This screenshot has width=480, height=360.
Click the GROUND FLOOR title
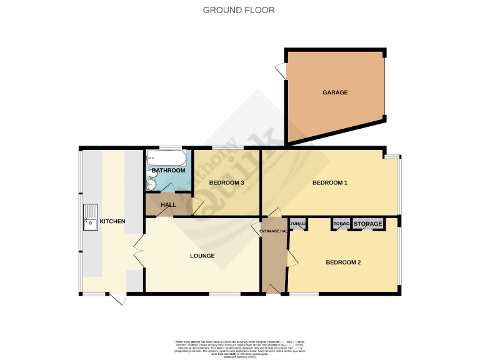(239, 10)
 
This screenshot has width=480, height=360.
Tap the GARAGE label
(335, 92)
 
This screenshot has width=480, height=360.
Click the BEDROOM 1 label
(329, 182)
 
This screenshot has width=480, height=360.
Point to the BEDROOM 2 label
(343, 262)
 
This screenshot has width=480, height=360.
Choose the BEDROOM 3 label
(226, 182)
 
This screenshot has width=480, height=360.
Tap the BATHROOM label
(168, 171)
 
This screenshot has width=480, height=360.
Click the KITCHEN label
(112, 221)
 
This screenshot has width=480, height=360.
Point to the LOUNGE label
(202, 256)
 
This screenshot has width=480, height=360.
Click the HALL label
(168, 205)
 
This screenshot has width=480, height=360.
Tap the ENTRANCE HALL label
(273, 232)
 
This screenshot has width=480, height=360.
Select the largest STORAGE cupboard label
(368, 224)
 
